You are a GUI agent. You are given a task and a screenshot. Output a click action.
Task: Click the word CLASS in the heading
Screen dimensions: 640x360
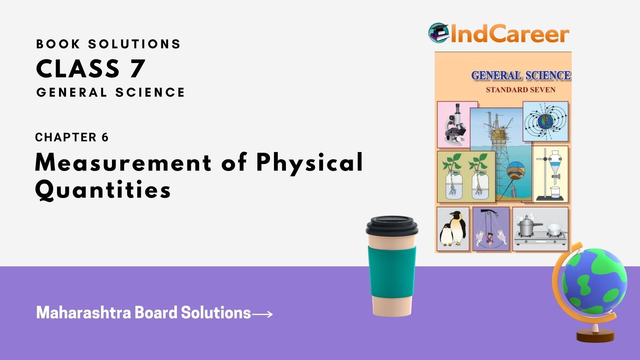click(78, 69)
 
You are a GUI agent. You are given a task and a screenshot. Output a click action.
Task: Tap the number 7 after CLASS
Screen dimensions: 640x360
click(137, 69)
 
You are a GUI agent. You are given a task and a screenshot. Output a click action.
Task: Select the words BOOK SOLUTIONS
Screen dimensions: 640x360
click(108, 44)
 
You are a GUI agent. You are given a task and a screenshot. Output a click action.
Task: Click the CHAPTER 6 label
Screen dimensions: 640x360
click(72, 137)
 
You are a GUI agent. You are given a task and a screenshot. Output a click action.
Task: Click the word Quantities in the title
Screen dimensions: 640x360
click(103, 190)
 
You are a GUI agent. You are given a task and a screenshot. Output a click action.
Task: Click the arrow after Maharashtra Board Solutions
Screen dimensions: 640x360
click(262, 314)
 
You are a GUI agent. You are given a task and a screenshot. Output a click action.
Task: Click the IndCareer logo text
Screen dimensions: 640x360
click(509, 34)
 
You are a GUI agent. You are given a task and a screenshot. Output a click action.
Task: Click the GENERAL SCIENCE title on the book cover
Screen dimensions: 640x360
click(521, 75)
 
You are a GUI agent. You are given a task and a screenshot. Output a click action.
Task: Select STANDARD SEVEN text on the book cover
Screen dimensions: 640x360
click(520, 90)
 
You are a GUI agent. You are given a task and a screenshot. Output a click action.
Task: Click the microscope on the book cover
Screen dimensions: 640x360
click(455, 125)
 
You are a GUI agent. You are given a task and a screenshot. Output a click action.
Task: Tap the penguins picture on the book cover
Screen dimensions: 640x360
click(453, 229)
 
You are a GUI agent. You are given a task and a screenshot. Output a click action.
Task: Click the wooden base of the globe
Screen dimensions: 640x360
click(595, 336)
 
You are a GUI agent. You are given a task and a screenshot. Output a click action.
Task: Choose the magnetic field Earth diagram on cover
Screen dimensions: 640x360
click(545, 121)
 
